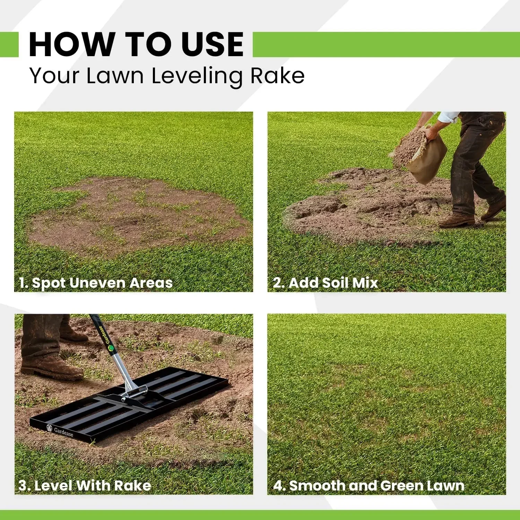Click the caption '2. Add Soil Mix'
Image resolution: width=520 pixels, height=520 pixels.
pos(325,283)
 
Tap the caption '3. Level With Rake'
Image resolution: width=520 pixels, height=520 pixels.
pos(85,485)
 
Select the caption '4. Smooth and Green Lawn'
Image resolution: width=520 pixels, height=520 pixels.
pos(369,486)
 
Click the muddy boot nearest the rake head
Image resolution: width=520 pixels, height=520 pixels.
pos(52,367)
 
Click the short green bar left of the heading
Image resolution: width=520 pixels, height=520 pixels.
pos(9,44)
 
